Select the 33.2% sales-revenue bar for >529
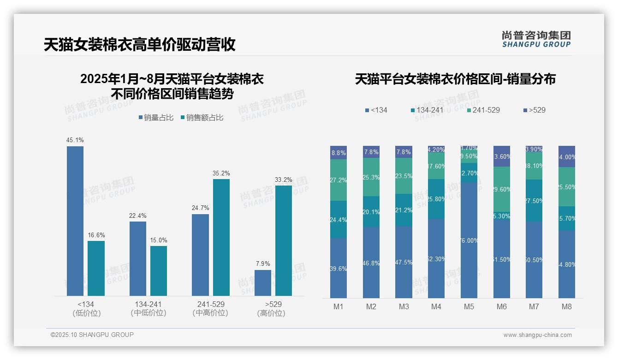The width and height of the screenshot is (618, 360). tap(284, 240)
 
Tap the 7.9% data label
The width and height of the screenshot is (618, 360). tap(263, 264)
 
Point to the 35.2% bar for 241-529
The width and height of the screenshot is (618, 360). tap(221, 237)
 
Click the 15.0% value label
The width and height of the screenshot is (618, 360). tap(159, 240)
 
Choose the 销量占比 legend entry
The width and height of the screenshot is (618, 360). tap(156, 118)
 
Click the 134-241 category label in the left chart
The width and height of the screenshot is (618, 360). tap(149, 305)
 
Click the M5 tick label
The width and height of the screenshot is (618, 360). tap(469, 306)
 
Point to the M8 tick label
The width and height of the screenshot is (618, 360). tap(567, 306)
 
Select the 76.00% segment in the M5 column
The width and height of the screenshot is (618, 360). tap(469, 240)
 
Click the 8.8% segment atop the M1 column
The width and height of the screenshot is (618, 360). tap(339, 152)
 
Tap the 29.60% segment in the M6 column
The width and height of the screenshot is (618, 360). tap(502, 189)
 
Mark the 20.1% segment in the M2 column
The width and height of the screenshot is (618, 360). tap(371, 212)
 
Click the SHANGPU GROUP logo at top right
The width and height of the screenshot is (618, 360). tap(536, 39)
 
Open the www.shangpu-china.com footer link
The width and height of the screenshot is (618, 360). tap(537, 335)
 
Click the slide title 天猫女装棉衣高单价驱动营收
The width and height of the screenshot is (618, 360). tap(140, 44)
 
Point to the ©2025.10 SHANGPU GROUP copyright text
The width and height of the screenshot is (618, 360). tap(92, 335)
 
